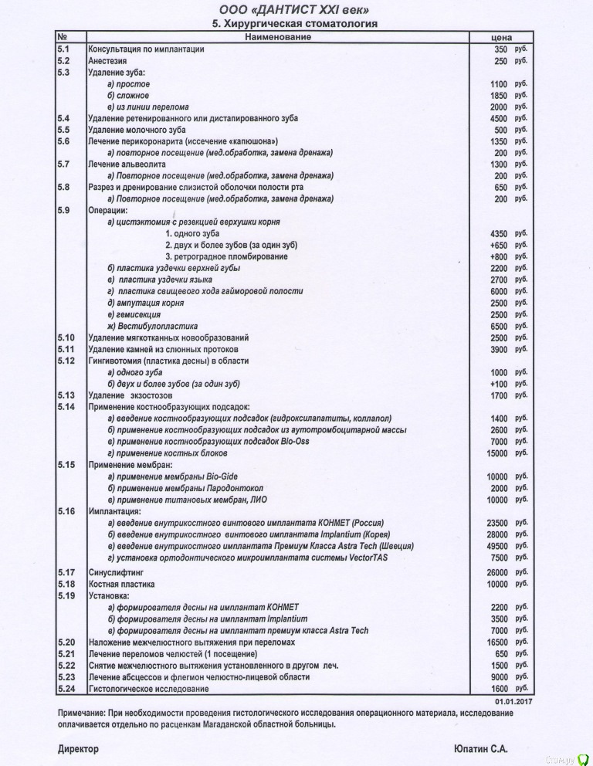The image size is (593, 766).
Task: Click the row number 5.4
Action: [64, 118]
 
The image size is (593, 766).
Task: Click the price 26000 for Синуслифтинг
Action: [497, 572]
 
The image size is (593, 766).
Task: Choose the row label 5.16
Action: [66, 511]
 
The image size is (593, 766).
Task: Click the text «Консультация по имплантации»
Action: [146, 49]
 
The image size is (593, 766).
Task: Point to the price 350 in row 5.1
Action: [500, 49]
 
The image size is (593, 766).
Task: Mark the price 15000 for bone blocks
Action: [497, 452]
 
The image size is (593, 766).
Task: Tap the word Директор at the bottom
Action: [78, 749]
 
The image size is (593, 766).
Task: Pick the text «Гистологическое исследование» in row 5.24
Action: [149, 688]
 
